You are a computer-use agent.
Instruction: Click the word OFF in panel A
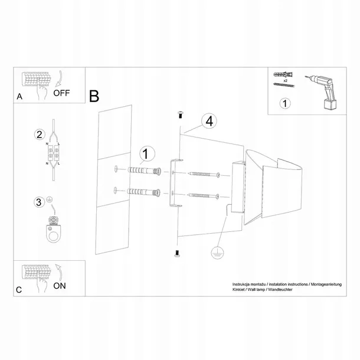tap(61, 93)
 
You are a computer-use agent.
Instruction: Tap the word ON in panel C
tap(60, 286)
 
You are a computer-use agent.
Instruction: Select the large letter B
tap(94, 96)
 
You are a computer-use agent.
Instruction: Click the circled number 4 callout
tap(209, 121)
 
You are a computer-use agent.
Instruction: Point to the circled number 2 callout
tap(40, 135)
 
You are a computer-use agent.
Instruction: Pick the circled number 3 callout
tap(39, 202)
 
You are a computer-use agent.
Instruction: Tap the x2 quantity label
tap(286, 81)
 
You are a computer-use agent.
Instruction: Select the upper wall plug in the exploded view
tap(144, 171)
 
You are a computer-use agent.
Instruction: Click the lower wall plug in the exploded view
tap(143, 192)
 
